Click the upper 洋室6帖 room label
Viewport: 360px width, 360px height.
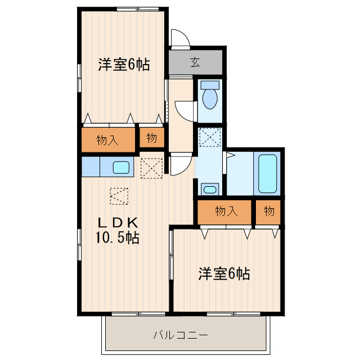click(x=124, y=65)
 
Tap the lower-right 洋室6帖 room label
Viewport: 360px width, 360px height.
click(x=224, y=274)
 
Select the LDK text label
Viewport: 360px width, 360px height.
click(x=116, y=221)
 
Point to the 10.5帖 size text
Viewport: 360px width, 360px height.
click(x=116, y=237)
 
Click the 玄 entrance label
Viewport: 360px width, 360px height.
click(x=194, y=62)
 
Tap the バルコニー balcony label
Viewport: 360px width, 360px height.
click(x=181, y=335)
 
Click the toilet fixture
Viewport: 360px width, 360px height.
click(x=210, y=97)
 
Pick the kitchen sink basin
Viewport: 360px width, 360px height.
click(x=121, y=167)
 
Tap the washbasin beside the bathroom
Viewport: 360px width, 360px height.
click(x=210, y=189)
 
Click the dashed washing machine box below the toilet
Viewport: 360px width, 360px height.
click(x=210, y=137)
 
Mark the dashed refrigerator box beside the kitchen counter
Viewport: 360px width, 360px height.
click(x=151, y=168)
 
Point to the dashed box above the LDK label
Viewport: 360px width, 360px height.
click(x=119, y=196)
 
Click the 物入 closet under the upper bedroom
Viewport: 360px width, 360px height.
click(x=107, y=139)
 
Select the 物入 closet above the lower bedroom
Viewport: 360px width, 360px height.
click(x=226, y=211)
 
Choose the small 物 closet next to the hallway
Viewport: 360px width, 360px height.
click(x=152, y=138)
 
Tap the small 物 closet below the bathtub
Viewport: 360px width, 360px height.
click(x=269, y=211)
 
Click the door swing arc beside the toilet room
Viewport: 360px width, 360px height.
click(x=184, y=109)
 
